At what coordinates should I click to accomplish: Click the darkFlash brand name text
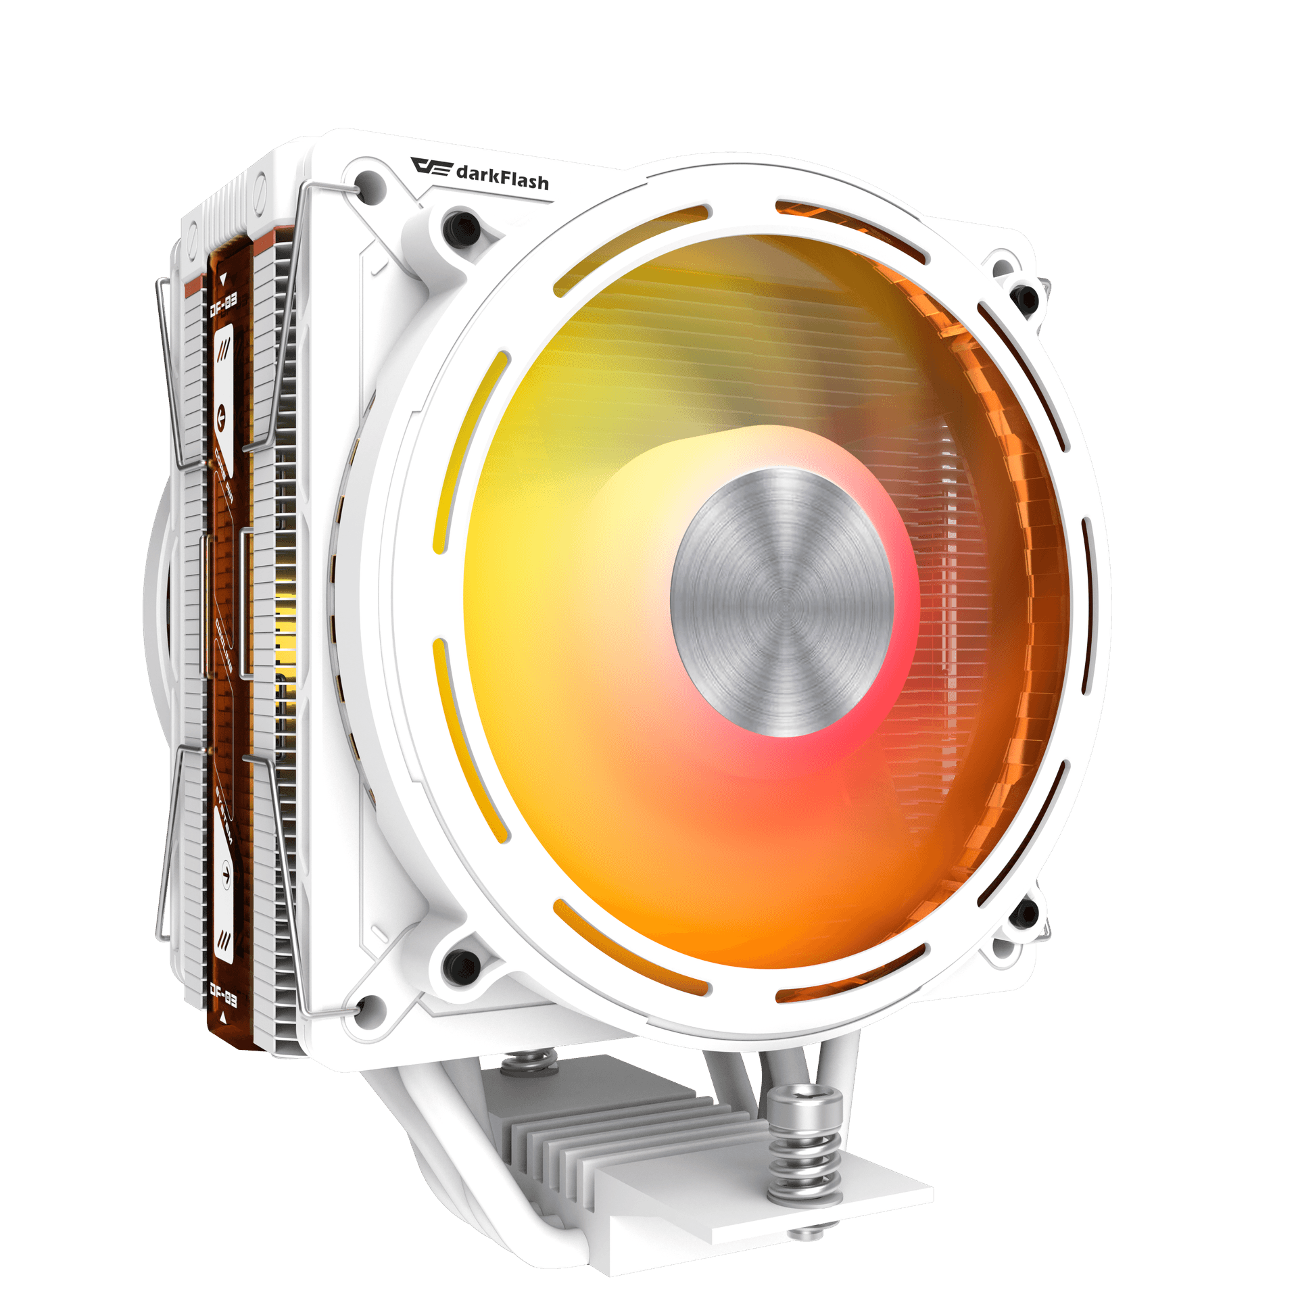502,177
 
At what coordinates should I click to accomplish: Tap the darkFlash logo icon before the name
431,166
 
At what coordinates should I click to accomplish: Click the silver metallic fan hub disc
782,602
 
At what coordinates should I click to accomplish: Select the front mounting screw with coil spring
804,1143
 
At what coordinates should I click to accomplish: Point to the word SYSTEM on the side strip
223,815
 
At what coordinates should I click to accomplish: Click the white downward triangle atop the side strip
222,278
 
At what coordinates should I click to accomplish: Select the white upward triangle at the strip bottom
224,1016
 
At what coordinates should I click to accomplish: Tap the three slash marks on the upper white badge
222,350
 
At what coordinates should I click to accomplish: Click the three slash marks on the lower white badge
224,940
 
